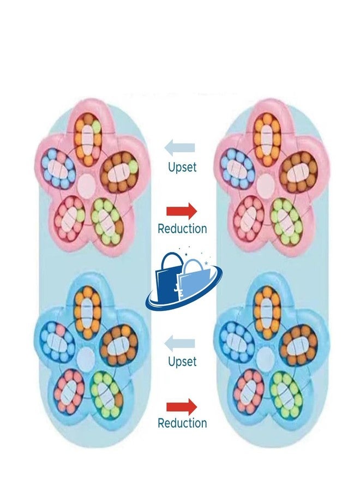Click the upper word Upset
click(182, 167)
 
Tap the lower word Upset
click(182, 362)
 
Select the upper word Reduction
click(182, 229)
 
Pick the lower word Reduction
click(182, 423)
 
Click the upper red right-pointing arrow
click(182, 211)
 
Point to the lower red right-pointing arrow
click(182, 407)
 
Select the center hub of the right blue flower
click(265, 357)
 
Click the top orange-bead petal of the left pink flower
click(88, 139)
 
